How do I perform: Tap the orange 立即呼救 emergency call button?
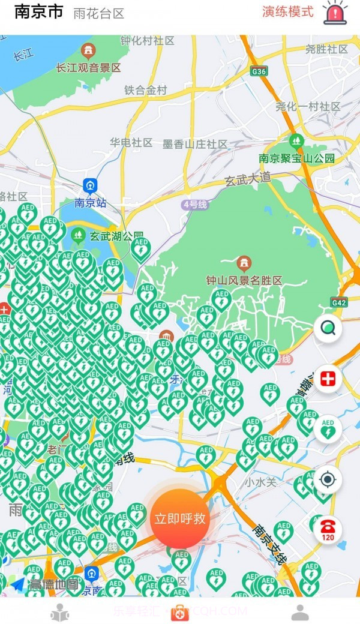click(x=179, y=519)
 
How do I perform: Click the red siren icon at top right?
click(x=335, y=13)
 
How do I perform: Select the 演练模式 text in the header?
click(x=287, y=11)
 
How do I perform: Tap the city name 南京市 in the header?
click(x=38, y=11)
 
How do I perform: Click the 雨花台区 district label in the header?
click(x=98, y=14)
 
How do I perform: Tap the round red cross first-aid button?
click(x=328, y=379)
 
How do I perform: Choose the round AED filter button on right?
click(x=328, y=429)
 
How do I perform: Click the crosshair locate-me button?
click(x=328, y=479)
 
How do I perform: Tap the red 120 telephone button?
click(x=328, y=530)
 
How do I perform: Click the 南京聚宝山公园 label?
click(x=296, y=158)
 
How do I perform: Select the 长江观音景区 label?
click(x=89, y=68)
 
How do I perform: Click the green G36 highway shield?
click(x=259, y=71)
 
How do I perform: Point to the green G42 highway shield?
click(x=339, y=303)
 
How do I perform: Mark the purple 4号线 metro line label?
click(x=195, y=205)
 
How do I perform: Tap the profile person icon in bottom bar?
click(x=299, y=613)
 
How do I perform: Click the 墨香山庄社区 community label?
click(x=195, y=144)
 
